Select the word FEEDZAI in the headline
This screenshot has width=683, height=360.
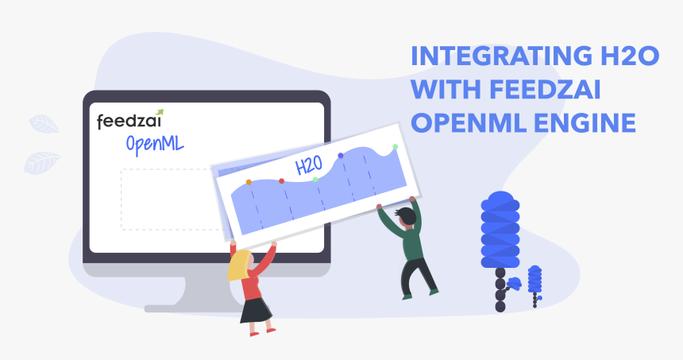coord(545,89)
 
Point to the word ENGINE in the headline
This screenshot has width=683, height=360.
coord(585,122)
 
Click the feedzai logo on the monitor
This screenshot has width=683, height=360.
coord(129,119)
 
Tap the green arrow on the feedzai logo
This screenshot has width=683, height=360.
coord(160,112)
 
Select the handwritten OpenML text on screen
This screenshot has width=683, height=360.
coord(155,145)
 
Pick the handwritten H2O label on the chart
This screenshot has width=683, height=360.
coord(309,165)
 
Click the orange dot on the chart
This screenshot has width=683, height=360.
coord(249,182)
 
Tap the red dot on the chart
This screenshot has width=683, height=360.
coord(281,181)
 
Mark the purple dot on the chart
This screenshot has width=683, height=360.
coord(341,156)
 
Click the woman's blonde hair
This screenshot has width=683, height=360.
coord(239,265)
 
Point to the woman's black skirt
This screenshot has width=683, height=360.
coord(256,310)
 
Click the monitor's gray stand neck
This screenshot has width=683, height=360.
coord(209,291)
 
